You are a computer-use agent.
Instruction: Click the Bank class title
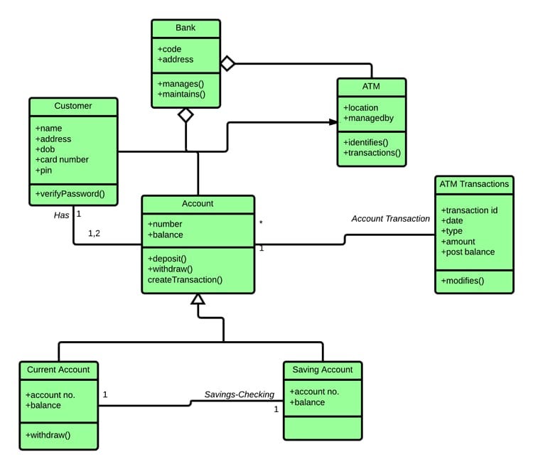point(185,28)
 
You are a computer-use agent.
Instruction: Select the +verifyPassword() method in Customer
point(70,193)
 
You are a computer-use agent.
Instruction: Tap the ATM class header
point(371,87)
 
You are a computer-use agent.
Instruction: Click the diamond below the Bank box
point(185,115)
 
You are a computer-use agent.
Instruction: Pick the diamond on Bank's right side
point(227,64)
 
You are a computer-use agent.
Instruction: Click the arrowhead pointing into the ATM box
point(333,122)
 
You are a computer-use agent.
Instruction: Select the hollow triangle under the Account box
point(198,300)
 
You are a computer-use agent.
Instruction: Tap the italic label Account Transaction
point(390,219)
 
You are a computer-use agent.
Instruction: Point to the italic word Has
point(61,214)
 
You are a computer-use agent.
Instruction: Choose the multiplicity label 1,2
point(94,233)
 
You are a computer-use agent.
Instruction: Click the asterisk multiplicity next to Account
point(261,223)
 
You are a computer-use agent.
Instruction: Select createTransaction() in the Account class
point(185,280)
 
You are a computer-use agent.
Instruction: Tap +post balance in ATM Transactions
point(468,252)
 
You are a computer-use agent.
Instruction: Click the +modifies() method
point(462,281)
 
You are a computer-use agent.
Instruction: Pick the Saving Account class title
point(322,370)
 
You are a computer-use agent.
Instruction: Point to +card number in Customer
point(62,160)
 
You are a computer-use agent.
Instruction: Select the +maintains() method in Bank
point(181,94)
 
